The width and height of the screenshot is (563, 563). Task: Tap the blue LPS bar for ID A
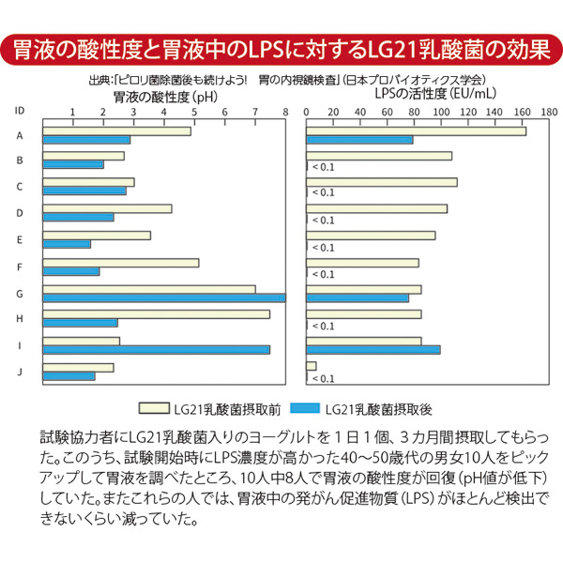click(360, 140)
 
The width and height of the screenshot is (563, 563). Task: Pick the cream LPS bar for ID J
click(312, 366)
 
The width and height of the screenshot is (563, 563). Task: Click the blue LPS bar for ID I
click(373, 350)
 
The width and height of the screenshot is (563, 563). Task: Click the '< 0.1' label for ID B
click(322, 167)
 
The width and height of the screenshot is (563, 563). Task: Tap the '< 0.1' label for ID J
click(322, 378)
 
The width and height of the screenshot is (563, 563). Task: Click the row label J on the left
click(20, 372)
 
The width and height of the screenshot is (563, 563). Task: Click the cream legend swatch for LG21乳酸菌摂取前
click(150, 409)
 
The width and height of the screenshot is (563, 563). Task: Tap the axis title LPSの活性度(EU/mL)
click(425, 95)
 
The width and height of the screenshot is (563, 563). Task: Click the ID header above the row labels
click(20, 110)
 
